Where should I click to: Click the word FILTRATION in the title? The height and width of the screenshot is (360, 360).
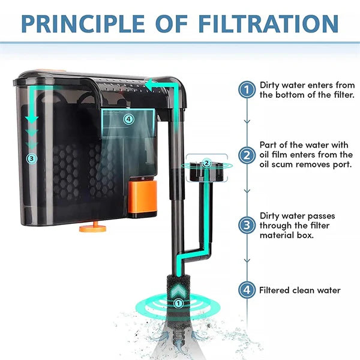[x=268, y=24]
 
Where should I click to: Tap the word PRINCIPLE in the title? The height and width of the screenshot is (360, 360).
[x=83, y=24]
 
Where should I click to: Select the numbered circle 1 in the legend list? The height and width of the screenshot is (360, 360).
[x=247, y=89]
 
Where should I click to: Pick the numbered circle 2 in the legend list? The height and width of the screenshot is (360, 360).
[x=247, y=155]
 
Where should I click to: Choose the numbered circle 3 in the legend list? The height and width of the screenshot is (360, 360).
[x=247, y=225]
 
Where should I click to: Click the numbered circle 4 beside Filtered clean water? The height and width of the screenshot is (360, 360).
[x=247, y=290]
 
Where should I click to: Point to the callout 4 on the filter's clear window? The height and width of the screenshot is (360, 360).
[x=128, y=119]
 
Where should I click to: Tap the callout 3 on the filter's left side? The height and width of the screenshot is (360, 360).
[x=32, y=158]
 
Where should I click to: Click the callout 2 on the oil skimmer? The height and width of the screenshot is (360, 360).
[x=207, y=163]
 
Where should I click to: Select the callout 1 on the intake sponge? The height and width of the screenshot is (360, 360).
[x=178, y=304]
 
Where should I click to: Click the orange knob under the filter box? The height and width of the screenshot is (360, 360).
[x=93, y=228]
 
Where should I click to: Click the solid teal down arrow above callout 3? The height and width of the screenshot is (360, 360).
[x=32, y=119]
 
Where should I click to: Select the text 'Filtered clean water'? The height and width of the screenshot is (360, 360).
[x=299, y=290]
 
